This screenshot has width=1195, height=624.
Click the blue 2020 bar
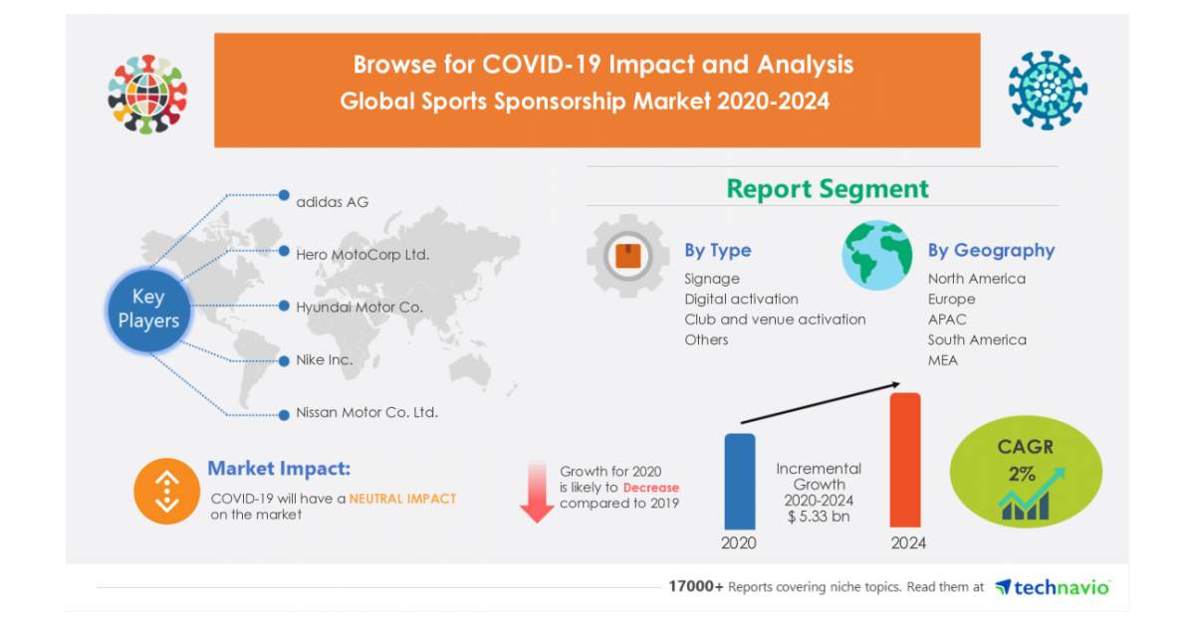click(x=739, y=481)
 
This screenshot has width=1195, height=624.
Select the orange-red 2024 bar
click(x=904, y=460)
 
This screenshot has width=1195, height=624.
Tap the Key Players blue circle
click(x=148, y=309)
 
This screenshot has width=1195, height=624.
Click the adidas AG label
click(x=332, y=202)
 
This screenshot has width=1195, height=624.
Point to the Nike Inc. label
click(x=324, y=359)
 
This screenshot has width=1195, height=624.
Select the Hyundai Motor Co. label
click(x=359, y=307)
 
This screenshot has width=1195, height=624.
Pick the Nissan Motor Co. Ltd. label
click(x=366, y=412)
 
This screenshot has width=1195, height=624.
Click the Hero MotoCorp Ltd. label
click(x=362, y=254)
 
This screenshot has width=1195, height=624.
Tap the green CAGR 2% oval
click(x=1027, y=472)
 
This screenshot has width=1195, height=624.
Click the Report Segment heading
click(x=828, y=189)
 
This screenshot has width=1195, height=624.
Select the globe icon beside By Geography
click(x=876, y=255)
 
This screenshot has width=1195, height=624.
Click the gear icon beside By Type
click(x=627, y=257)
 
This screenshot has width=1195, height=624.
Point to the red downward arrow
click(x=537, y=492)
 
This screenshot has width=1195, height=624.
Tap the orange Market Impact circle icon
click(x=166, y=491)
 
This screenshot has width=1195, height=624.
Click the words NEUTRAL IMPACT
click(x=402, y=498)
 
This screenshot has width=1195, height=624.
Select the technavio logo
click(x=1052, y=587)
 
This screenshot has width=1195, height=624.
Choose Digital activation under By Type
click(x=741, y=299)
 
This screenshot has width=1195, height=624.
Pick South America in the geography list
click(x=977, y=339)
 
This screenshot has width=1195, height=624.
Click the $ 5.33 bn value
click(x=820, y=518)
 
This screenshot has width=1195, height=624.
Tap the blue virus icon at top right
click(x=1048, y=91)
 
